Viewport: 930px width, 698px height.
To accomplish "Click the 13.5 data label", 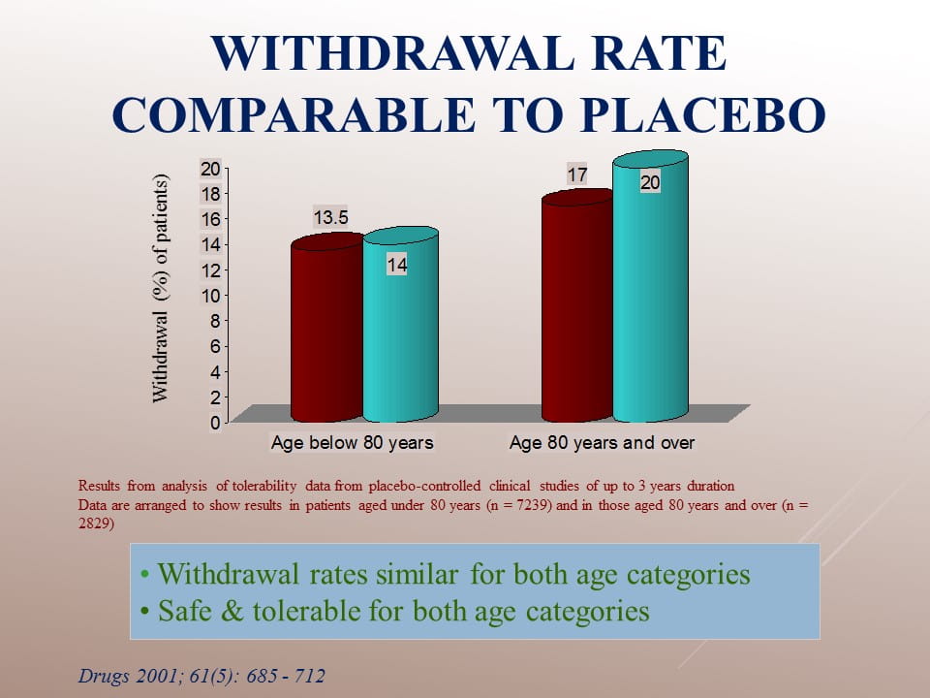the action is (331, 218).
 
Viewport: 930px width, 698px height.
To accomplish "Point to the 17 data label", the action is (577, 174).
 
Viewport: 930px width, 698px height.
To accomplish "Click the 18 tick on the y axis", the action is (210, 194).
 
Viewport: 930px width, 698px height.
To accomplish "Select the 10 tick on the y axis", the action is (210, 296).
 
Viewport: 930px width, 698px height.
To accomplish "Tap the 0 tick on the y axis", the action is (215, 423).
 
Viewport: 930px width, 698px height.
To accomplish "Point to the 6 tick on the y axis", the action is (215, 347).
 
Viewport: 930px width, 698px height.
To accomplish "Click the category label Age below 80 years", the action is (353, 443).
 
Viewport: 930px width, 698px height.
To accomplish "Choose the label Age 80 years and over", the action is (602, 443).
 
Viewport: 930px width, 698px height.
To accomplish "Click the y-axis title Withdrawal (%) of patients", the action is (160, 289).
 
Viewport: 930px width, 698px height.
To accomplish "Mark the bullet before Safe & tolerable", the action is (144, 612).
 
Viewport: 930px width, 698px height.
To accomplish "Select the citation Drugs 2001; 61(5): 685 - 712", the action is (201, 676).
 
